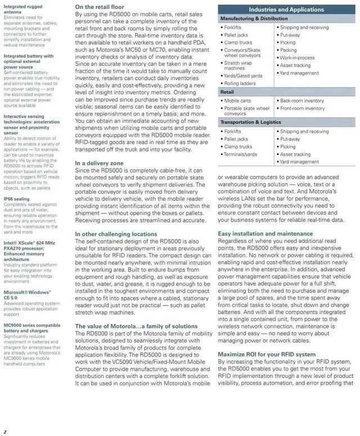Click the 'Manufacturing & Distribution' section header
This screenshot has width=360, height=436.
[254, 19]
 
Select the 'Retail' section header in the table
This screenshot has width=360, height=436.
[227, 91]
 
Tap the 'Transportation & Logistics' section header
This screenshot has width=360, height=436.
[250, 122]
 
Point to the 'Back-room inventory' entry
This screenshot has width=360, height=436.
[302, 101]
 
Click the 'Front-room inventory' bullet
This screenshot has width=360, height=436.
[303, 109]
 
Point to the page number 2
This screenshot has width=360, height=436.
[4, 431]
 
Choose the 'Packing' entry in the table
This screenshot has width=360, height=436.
[289, 50]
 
